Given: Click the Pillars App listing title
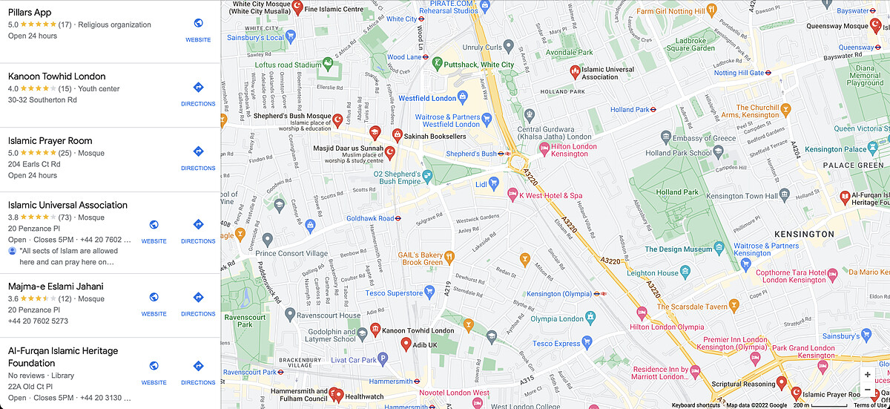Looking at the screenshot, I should (30, 12).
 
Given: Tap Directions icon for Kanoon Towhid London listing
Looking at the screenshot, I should (198, 88).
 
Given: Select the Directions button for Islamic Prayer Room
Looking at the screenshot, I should (198, 151).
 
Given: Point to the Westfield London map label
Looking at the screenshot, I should (428, 98).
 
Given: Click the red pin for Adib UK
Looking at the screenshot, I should (406, 344).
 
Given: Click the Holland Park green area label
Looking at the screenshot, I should (677, 192).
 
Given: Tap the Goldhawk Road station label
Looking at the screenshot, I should (370, 218).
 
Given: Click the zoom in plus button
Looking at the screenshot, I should (867, 375).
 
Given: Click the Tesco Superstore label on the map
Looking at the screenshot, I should (415, 293).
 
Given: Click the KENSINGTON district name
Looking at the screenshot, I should (804, 234).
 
